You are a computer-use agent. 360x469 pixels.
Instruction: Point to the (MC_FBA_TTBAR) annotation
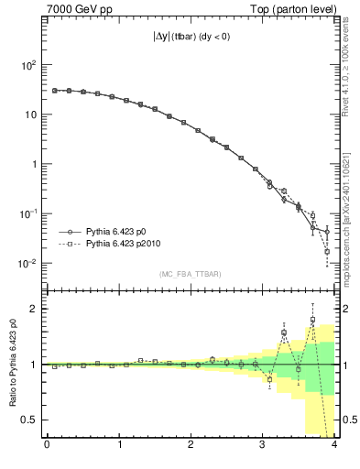[191, 274]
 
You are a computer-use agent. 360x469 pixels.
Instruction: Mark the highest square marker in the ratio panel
[312, 320]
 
